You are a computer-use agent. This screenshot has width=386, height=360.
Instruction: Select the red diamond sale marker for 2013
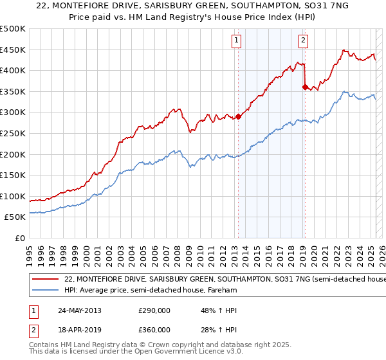(x=238, y=116)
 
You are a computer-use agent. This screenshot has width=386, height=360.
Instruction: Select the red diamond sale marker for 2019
(x=305, y=87)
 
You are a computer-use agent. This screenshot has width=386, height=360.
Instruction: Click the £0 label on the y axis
(x=19, y=239)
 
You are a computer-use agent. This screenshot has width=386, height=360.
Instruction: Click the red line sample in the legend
(x=46, y=280)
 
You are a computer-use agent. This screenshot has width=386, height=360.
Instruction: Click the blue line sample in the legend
(x=46, y=291)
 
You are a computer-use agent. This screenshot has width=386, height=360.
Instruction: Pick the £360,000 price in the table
(x=154, y=329)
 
